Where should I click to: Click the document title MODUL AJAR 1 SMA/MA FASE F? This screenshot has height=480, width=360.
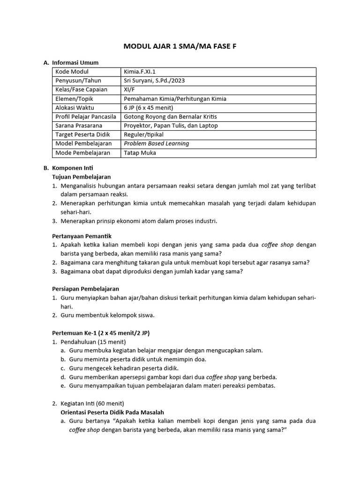[x=180, y=46]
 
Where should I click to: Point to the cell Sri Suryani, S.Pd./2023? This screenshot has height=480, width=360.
[x=154, y=81]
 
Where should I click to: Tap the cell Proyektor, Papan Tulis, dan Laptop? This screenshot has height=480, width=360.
[x=171, y=126]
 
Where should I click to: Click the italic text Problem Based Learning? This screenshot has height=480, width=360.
[x=156, y=144]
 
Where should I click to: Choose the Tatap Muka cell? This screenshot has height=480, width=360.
[x=140, y=153]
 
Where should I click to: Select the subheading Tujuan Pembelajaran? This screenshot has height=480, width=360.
[x=81, y=177]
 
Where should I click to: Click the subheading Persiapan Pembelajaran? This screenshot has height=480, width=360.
[x=85, y=289]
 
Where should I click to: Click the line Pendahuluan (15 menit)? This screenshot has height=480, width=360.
[x=93, y=342]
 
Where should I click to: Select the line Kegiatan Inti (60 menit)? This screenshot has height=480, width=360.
[x=92, y=403]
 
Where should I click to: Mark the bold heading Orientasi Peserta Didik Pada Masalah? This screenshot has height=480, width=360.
[x=112, y=412]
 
